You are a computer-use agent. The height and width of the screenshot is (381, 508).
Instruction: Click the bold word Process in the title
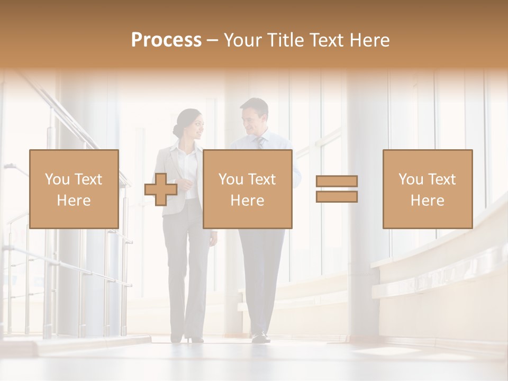click(166, 40)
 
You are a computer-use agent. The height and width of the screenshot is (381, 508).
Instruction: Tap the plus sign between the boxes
click(161, 189)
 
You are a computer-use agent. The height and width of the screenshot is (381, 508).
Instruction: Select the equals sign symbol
click(337, 189)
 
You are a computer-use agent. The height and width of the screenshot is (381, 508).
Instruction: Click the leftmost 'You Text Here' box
click(74, 189)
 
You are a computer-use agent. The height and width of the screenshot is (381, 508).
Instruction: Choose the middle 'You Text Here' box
click(247, 189)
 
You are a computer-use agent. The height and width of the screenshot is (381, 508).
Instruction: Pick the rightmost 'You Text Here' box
click(427, 189)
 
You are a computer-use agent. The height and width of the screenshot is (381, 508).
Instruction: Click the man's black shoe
click(260, 337)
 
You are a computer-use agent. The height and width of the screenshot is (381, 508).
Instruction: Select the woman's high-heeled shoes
click(193, 338)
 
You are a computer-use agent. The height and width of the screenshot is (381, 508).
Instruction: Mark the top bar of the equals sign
click(337, 181)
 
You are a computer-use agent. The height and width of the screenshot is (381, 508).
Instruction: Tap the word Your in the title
click(244, 40)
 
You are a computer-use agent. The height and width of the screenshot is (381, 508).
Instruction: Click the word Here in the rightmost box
click(427, 200)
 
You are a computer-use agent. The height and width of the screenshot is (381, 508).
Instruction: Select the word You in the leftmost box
click(57, 179)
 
